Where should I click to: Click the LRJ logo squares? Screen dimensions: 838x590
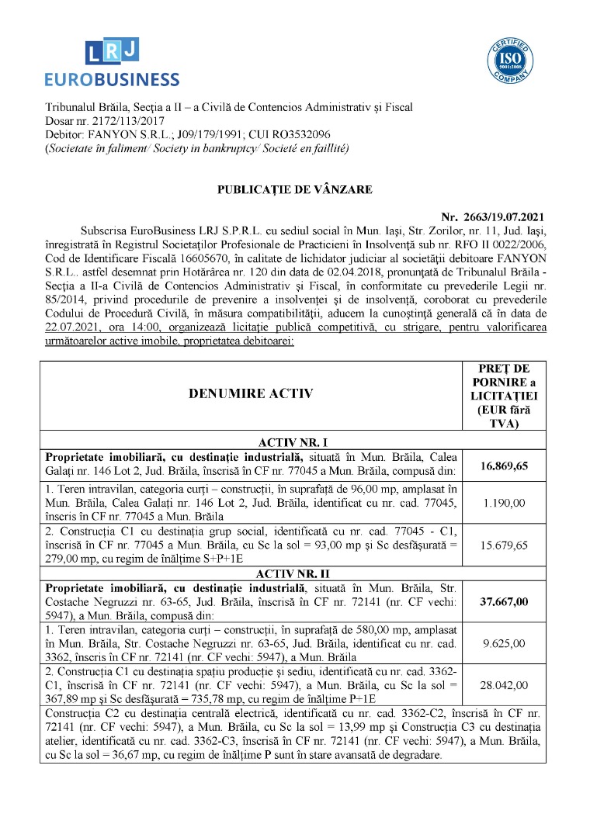(x=112, y=52)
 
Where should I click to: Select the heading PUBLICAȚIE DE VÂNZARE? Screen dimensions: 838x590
(x=294, y=189)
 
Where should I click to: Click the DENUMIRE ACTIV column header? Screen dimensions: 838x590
(x=251, y=393)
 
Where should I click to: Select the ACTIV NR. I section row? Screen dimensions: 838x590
(x=294, y=442)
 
